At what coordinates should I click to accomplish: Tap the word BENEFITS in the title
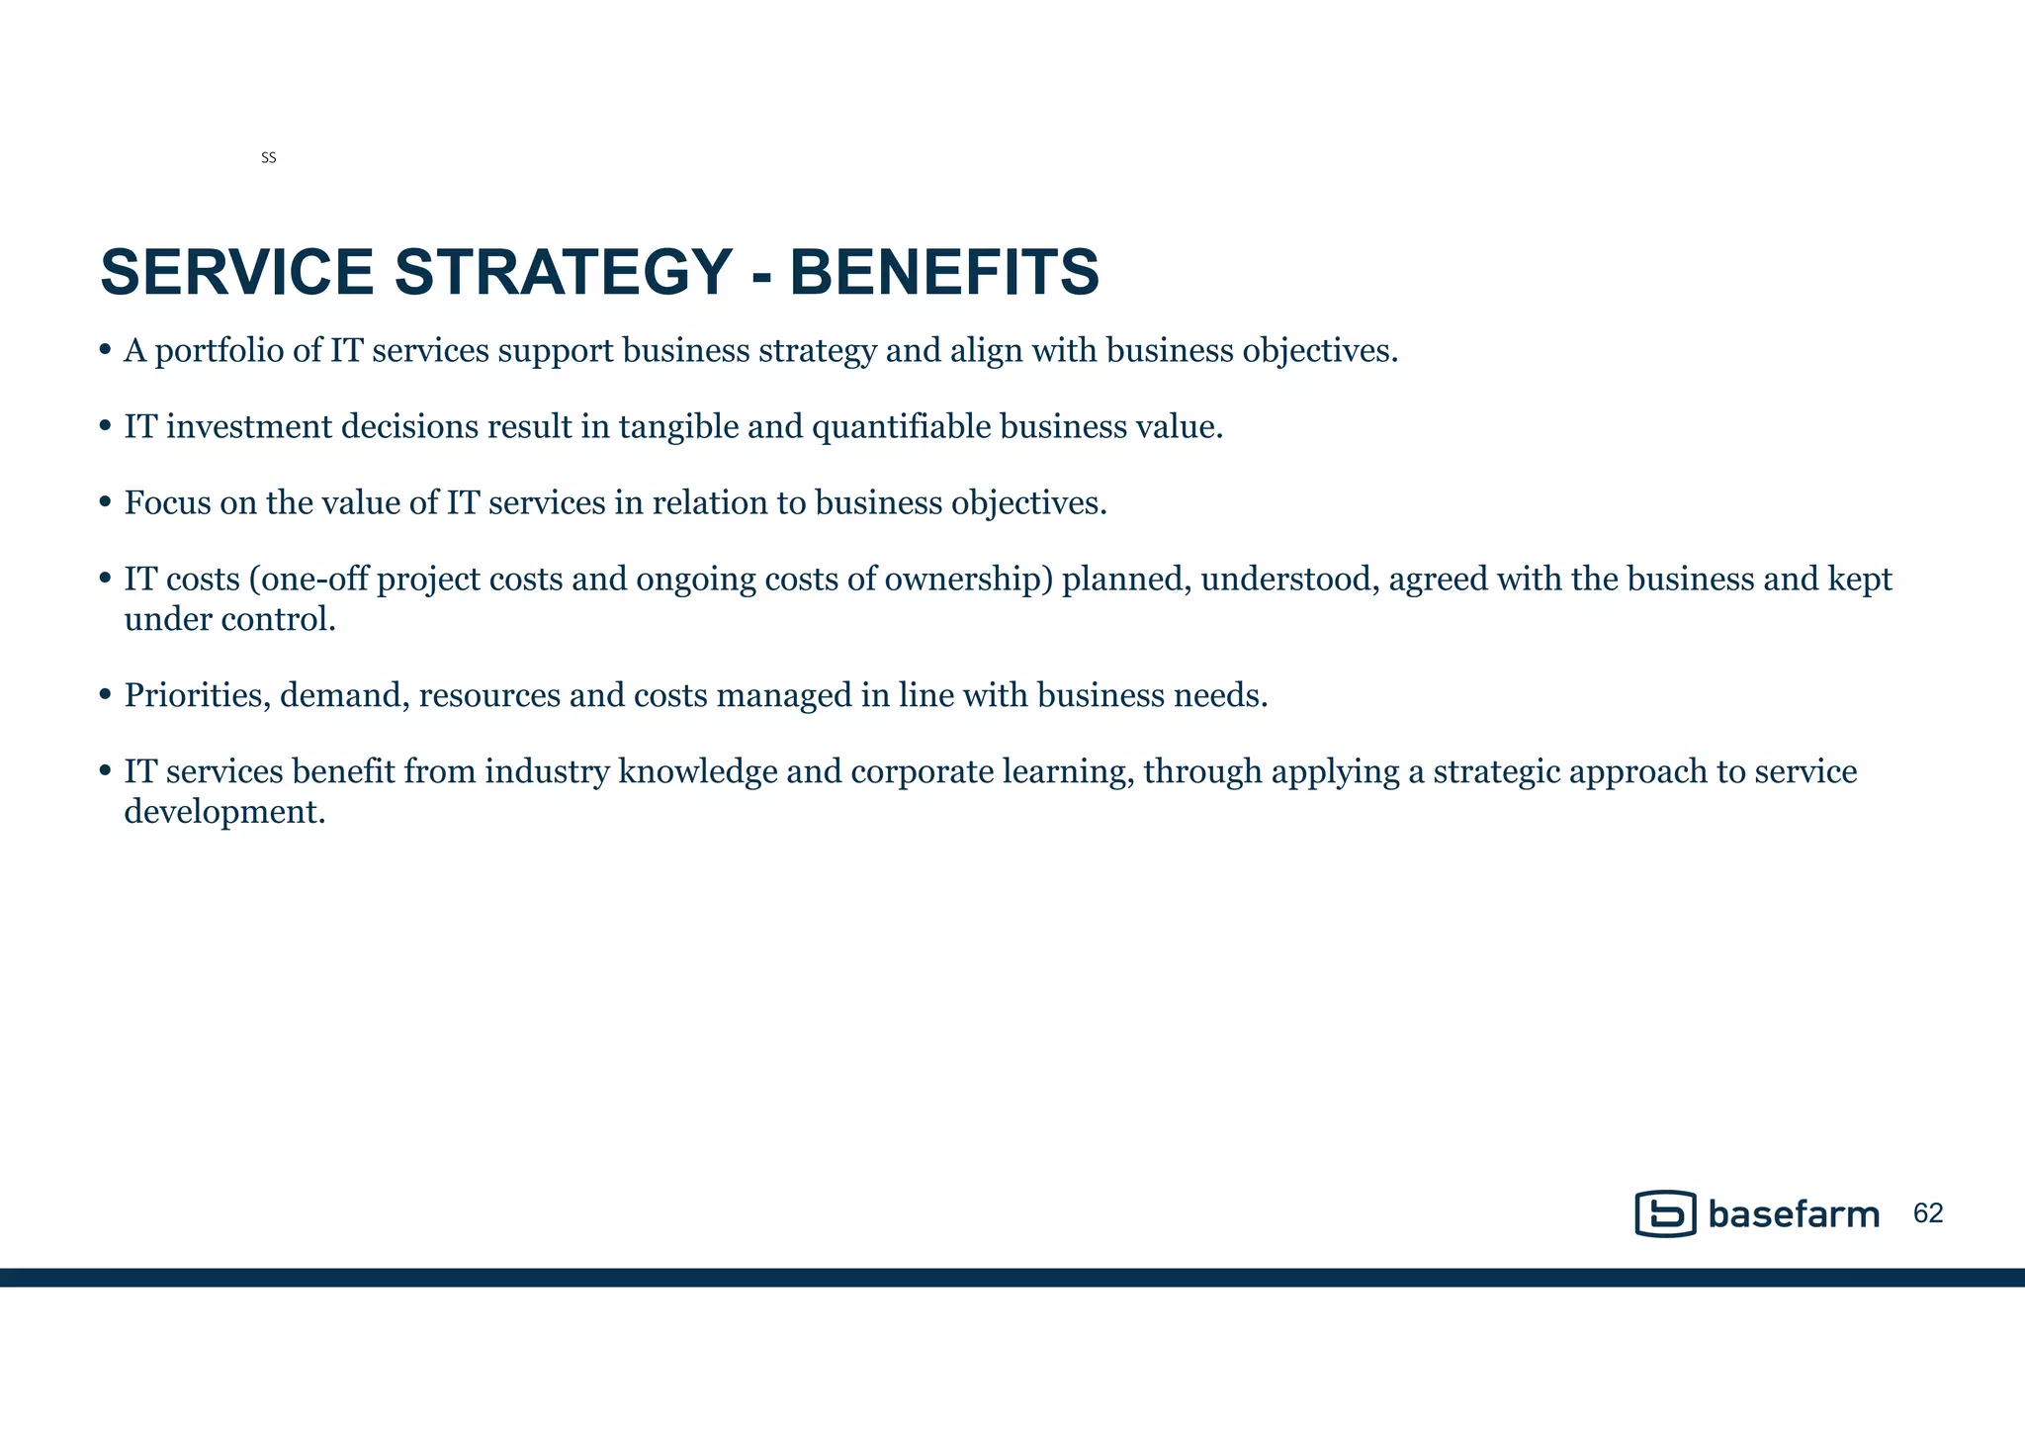(944, 272)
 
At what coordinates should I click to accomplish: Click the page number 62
(1928, 1213)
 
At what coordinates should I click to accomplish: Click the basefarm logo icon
(1665, 1213)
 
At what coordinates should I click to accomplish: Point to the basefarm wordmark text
(1794, 1214)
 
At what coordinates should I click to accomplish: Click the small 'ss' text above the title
(268, 158)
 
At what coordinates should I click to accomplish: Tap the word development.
(224, 813)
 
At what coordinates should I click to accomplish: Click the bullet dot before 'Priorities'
(106, 696)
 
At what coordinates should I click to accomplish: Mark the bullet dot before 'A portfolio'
(106, 351)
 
